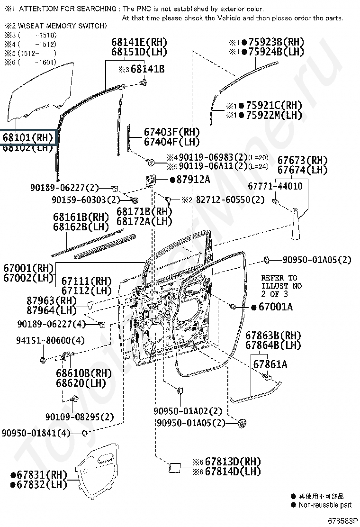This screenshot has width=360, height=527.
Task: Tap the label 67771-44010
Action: [x=277, y=186]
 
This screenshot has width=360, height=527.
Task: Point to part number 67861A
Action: [x=270, y=364]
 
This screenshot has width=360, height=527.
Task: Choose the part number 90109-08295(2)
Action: [x=80, y=417]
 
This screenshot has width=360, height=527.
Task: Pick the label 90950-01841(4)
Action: [x=36, y=433]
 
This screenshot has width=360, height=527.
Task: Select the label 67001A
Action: [x=275, y=307]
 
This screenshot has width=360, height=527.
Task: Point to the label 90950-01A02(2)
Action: [x=188, y=410]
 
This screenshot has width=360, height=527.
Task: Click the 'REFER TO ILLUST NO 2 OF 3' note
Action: [x=281, y=286]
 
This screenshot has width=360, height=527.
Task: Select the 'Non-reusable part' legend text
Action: [x=325, y=505]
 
